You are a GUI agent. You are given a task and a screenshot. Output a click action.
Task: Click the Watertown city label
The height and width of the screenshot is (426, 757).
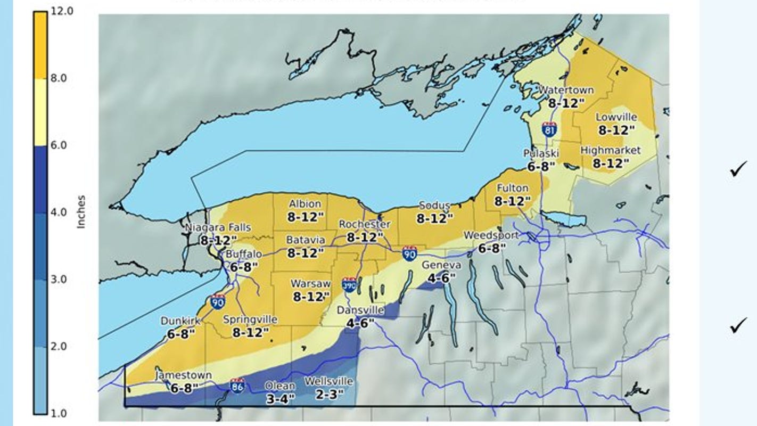point(566,90)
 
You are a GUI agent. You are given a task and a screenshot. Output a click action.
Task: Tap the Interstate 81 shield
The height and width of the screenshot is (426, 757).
point(550,129)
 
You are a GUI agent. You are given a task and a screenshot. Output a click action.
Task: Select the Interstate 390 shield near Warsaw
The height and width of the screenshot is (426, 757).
point(349,284)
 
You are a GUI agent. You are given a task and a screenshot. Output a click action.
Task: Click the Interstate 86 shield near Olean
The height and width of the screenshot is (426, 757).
point(238,385)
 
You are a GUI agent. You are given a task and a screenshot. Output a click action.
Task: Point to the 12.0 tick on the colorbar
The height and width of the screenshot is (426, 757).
point(62,11)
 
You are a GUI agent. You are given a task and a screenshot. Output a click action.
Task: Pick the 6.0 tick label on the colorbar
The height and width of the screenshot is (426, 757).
point(59,145)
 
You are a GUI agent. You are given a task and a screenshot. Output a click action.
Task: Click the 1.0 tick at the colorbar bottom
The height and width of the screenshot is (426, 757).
point(59,413)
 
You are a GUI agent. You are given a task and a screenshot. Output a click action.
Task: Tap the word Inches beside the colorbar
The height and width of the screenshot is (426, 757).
point(81,212)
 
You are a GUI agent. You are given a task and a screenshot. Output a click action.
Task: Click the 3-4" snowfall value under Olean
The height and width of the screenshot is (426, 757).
point(280,399)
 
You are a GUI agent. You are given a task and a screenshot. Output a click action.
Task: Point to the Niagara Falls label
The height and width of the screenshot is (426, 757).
point(218,228)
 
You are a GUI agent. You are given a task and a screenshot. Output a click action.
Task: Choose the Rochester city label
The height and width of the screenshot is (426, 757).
point(365,224)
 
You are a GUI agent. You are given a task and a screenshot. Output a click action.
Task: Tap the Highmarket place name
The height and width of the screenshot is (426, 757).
point(610,151)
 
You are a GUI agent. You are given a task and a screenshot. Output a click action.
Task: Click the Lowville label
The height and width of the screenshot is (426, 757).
point(616,117)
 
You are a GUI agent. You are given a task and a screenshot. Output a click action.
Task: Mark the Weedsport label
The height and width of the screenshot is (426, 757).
point(491,235)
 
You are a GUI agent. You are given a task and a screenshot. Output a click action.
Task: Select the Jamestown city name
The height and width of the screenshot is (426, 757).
point(184,375)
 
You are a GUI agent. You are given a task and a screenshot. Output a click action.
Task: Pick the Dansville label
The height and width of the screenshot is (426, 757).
point(361,310)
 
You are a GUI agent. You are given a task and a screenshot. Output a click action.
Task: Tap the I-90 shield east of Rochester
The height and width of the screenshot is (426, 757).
point(409,253)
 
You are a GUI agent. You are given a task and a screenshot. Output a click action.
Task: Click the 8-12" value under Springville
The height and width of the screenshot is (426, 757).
point(250,332)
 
